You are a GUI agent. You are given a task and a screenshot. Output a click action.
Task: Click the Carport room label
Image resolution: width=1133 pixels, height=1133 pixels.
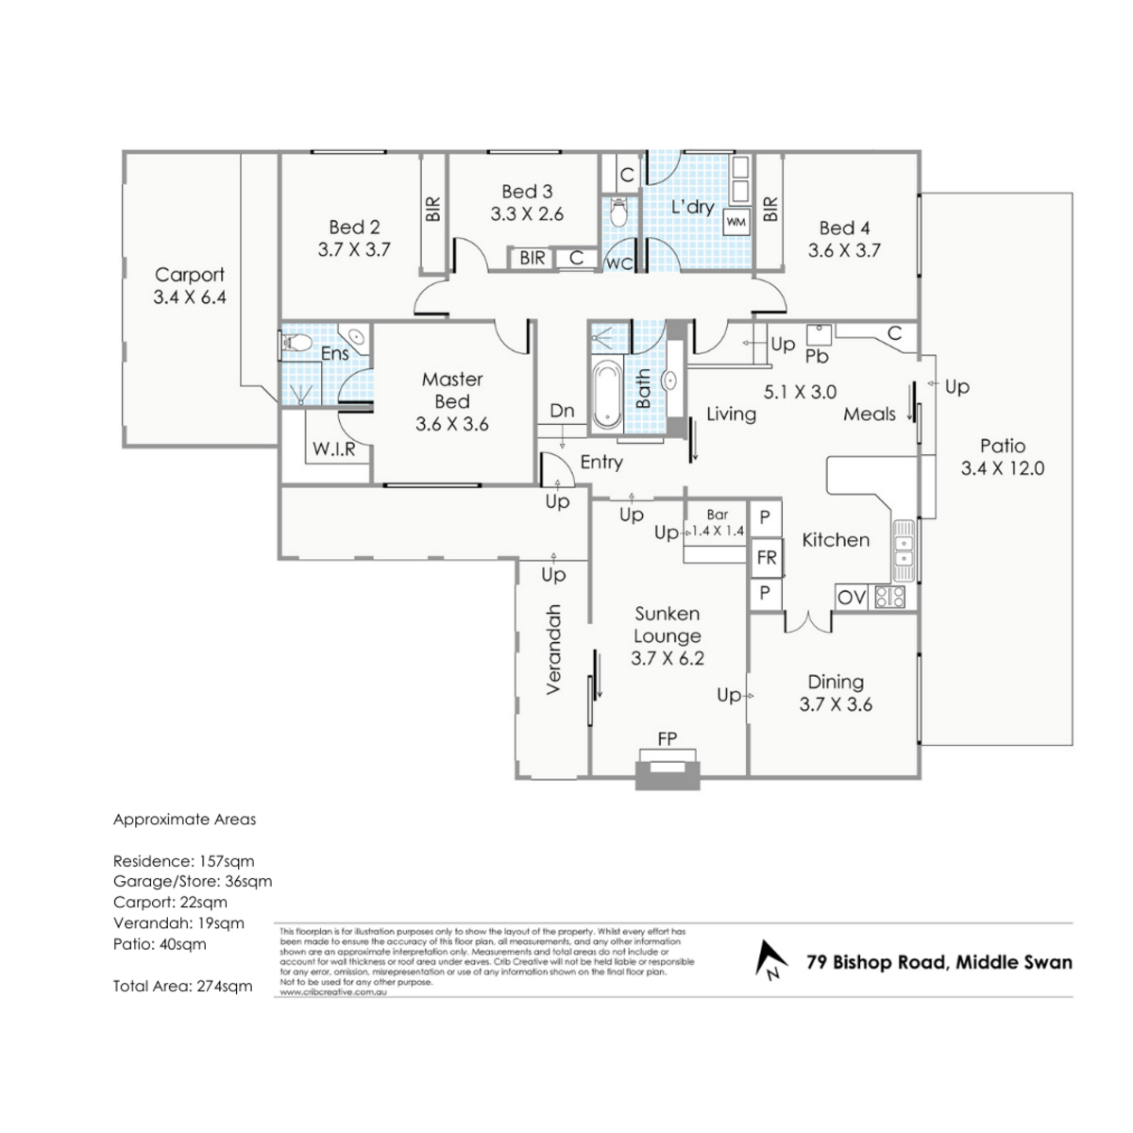tap(190, 275)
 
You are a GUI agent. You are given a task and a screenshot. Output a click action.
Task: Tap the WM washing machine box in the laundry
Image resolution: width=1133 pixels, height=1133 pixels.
tap(736, 222)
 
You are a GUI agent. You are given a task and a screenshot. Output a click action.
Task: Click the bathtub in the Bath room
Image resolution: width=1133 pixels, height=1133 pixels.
tap(607, 393)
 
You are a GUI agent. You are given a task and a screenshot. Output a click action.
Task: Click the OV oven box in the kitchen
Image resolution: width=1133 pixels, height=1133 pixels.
tap(852, 597)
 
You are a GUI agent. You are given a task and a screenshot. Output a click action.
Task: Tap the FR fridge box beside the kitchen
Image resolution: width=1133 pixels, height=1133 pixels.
tap(766, 558)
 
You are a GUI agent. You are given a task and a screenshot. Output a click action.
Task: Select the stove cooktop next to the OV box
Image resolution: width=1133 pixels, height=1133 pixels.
tap(890, 597)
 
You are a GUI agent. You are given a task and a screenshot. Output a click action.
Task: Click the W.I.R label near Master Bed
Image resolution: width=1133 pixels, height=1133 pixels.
tap(333, 449)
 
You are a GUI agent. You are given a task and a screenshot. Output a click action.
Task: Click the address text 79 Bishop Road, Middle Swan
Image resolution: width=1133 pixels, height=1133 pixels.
tap(939, 962)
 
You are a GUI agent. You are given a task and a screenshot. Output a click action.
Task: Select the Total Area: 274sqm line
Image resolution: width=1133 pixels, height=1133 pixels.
tap(183, 986)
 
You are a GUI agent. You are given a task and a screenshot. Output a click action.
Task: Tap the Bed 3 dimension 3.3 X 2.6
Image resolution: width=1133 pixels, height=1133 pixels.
tap(527, 214)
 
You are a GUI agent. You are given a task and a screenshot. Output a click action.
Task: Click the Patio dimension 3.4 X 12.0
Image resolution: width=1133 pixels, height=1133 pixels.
tap(1002, 468)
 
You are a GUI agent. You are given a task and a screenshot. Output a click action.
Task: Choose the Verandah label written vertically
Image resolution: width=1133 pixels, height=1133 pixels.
tap(554, 650)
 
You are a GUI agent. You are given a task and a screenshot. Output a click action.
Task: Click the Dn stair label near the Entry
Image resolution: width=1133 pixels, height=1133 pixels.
tap(562, 411)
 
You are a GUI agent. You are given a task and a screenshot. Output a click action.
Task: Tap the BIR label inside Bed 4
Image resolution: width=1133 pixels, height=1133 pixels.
tap(769, 209)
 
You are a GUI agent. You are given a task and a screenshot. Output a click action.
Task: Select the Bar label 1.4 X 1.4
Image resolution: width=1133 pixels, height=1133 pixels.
tap(718, 523)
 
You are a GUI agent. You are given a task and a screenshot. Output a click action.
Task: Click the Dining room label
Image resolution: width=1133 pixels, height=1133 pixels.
tap(836, 682)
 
